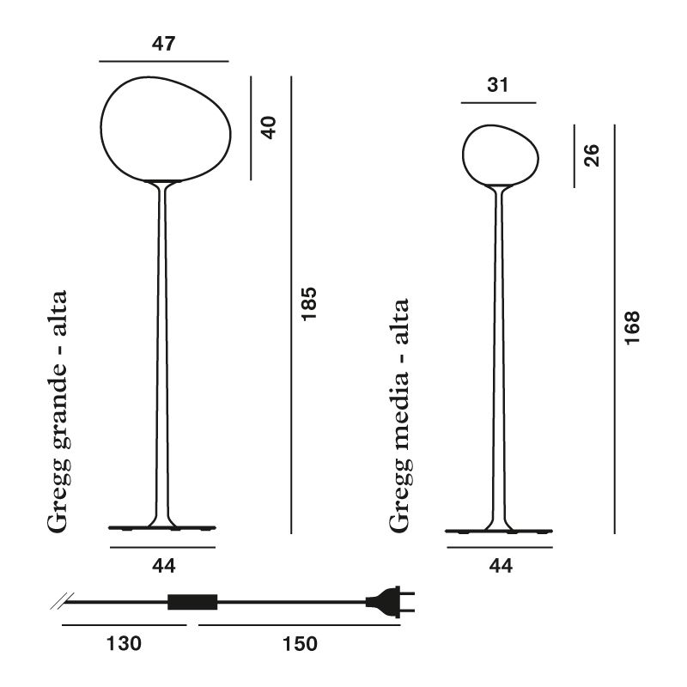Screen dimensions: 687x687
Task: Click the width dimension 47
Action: click(163, 44)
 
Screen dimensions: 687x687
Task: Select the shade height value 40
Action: click(269, 127)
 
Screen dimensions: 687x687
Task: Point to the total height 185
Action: click(309, 304)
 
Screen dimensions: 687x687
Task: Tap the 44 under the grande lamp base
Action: click(164, 566)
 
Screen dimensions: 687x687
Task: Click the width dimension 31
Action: click(498, 85)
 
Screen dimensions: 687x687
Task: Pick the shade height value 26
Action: click(592, 155)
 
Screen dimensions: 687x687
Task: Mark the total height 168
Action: click(632, 328)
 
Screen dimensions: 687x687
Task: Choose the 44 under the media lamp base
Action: click(501, 566)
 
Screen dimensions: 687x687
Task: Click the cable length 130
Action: click(124, 643)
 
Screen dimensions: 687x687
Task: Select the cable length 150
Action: click(300, 643)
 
